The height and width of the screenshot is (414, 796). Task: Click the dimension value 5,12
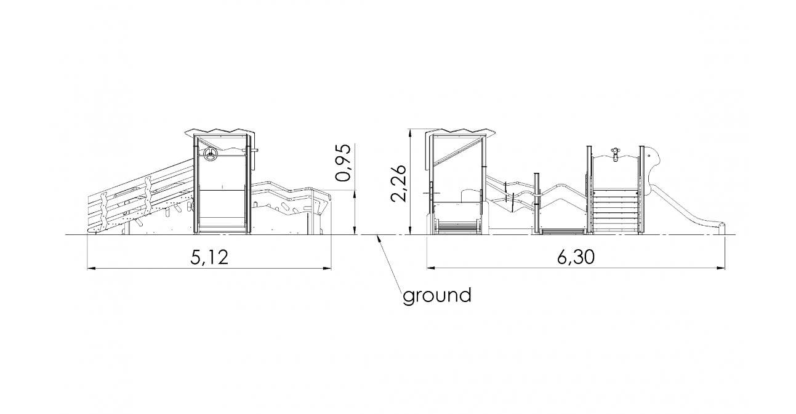click(209, 257)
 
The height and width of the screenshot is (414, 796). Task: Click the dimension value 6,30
click(575, 257)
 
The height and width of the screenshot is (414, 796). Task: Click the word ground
click(437, 295)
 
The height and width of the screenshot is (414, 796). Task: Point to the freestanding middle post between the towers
click(537, 203)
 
